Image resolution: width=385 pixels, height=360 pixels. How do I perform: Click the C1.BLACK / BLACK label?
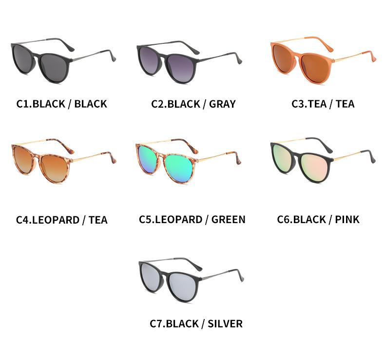pyautogui.click(x=61, y=104)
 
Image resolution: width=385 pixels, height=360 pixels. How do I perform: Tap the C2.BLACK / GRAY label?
pyautogui.click(x=193, y=104)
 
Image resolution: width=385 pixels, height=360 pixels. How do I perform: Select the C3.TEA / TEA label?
pyautogui.click(x=323, y=104)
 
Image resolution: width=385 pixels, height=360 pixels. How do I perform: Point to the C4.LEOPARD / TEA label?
pyautogui.click(x=61, y=220)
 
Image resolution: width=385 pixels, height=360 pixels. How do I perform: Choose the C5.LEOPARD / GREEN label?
pyautogui.click(x=192, y=219)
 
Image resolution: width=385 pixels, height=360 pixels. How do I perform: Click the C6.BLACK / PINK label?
pyautogui.click(x=318, y=219)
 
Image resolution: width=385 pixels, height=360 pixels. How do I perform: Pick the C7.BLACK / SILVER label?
pyautogui.click(x=196, y=323)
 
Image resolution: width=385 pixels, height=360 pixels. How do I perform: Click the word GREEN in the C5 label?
pyautogui.click(x=228, y=219)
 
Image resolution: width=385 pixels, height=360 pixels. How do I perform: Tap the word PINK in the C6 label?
pyautogui.click(x=347, y=219)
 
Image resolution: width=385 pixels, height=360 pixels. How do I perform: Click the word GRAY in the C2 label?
pyautogui.click(x=222, y=104)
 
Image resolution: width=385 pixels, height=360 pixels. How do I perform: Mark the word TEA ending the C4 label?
pyautogui.click(x=98, y=220)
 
